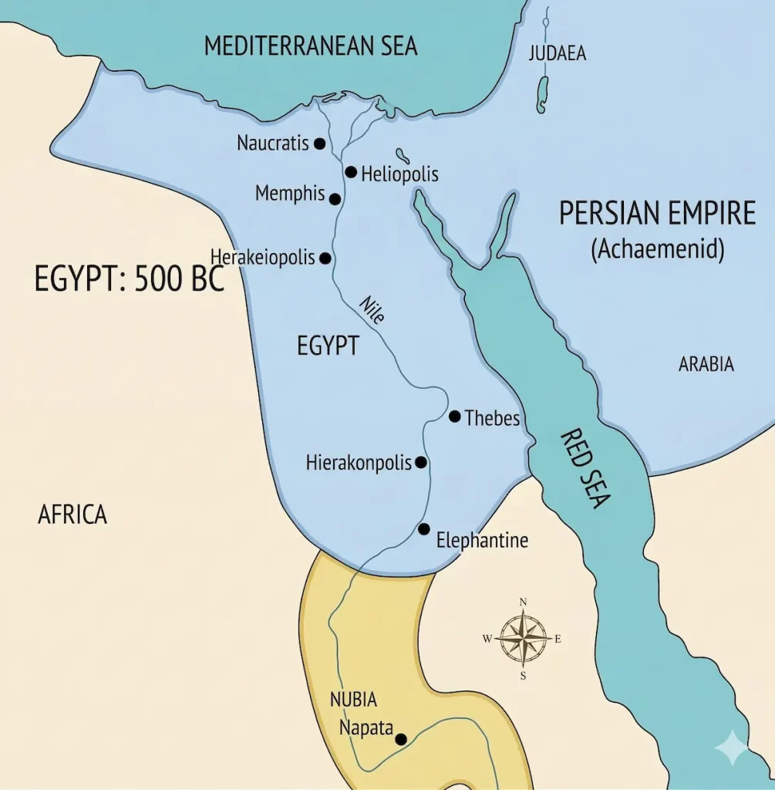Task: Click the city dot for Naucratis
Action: [319, 144]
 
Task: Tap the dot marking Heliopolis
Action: [351, 172]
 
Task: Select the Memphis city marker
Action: [335, 199]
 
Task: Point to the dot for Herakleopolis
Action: [325, 258]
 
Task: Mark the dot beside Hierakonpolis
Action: [420, 463]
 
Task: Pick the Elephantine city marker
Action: [423, 529]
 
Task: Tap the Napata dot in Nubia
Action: [401, 739]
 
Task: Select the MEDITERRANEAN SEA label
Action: [311, 46]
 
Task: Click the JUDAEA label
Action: [557, 54]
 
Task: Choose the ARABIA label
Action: [706, 365]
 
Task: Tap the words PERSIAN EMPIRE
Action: [657, 214]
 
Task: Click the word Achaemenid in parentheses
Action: [657, 251]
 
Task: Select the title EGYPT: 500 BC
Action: [129, 279]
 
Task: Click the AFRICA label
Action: [72, 515]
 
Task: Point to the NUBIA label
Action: [353, 701]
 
